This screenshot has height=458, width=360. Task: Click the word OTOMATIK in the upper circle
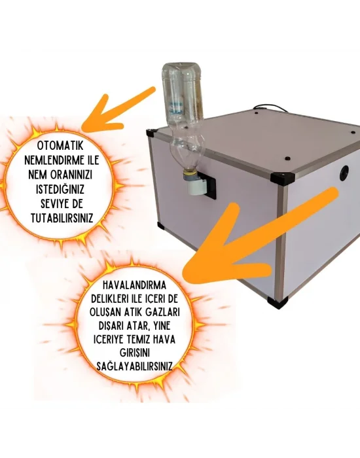[60, 146]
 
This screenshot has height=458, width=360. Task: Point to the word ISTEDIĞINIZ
[60, 189]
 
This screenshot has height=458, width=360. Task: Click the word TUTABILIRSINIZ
[62, 218]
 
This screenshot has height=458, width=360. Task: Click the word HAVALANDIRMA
[135, 285]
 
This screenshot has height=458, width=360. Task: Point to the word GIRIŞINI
[134, 353]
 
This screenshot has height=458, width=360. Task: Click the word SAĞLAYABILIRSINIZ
[134, 366]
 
